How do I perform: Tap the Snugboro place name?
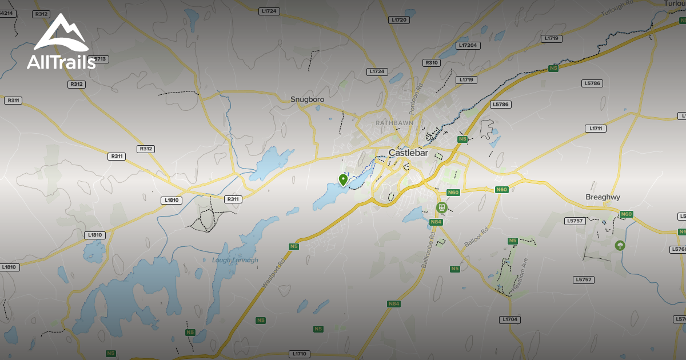tap(307, 99)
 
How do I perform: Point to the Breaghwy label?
tap(603, 197)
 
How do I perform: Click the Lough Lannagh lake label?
tap(235, 261)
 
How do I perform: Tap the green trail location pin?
tap(343, 180)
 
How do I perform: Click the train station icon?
tap(441, 207)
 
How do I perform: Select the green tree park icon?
tap(620, 246)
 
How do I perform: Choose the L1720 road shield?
tap(398, 20)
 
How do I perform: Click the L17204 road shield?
tap(469, 45)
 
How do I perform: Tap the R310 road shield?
tap(431, 63)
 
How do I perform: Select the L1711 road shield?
tap(596, 129)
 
